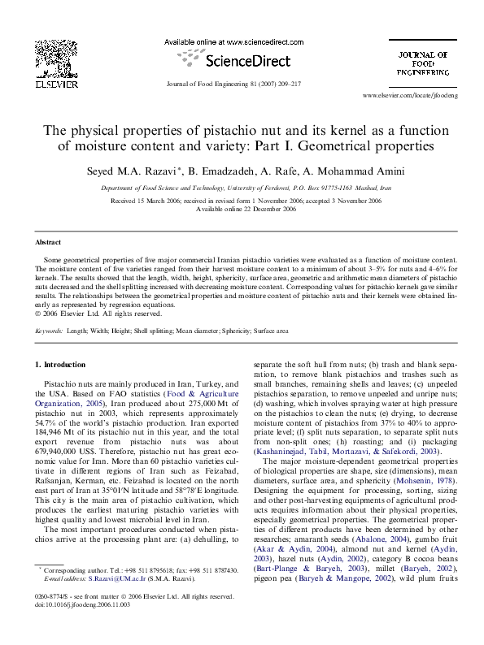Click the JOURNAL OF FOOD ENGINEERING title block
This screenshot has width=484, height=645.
pyautogui.click(x=421, y=63)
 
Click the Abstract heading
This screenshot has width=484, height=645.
pyautogui.click(x=48, y=242)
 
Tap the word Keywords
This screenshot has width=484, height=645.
pyautogui.click(x=50, y=331)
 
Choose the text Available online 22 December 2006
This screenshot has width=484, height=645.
pyautogui.click(x=242, y=209)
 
